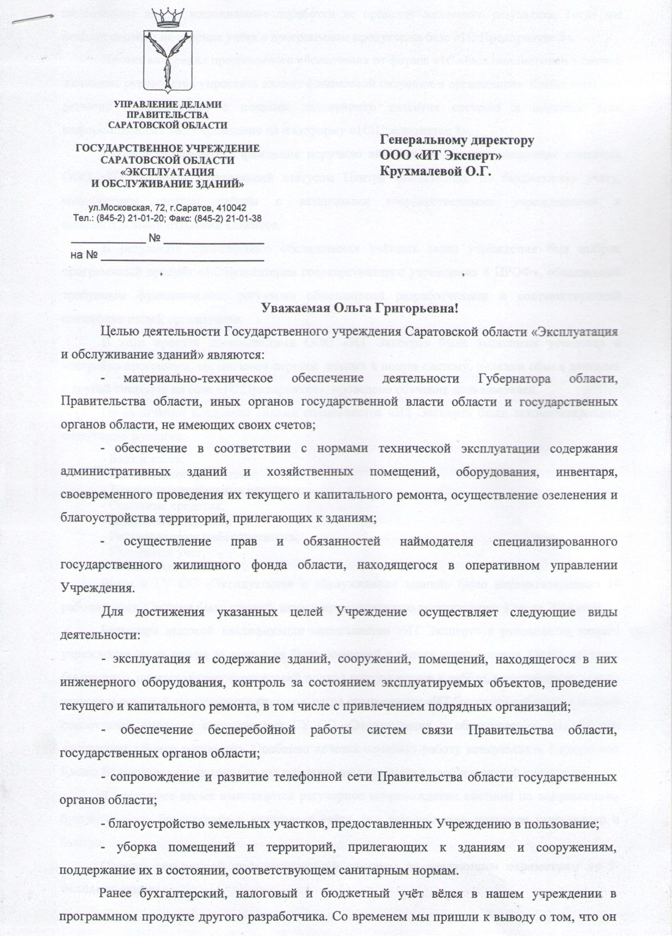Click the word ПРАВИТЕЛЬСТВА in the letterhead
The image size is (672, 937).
click(168, 114)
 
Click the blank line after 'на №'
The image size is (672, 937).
click(182, 259)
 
